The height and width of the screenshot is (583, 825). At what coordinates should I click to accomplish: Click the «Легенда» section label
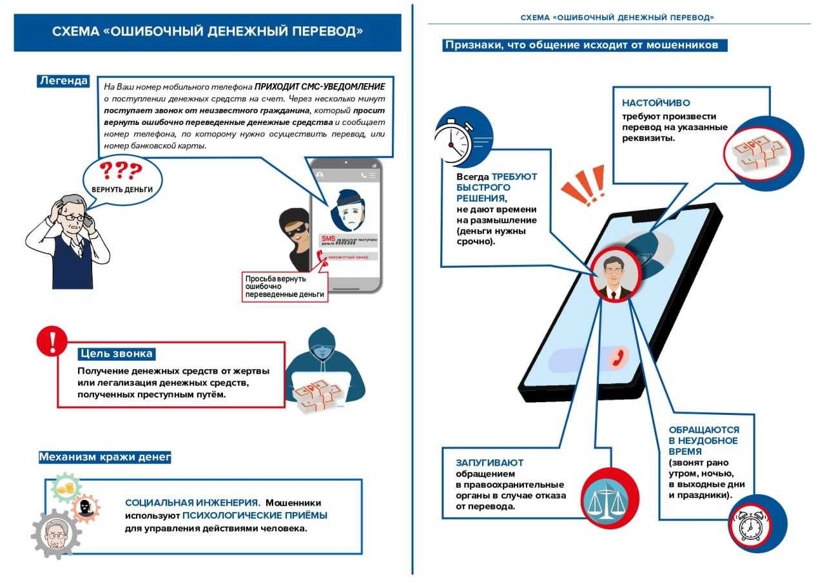point(63,81)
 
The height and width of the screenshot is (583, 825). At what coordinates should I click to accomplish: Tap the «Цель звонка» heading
point(117,354)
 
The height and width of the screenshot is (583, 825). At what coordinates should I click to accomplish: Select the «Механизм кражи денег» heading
point(105,457)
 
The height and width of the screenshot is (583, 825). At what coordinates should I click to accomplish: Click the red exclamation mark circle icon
point(52,341)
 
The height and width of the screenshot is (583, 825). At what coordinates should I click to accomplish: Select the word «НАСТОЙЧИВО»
point(656,103)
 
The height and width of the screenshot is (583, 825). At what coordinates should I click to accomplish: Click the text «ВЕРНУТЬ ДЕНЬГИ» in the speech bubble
point(122,190)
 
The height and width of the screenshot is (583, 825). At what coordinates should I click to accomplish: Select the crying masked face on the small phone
point(347,207)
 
